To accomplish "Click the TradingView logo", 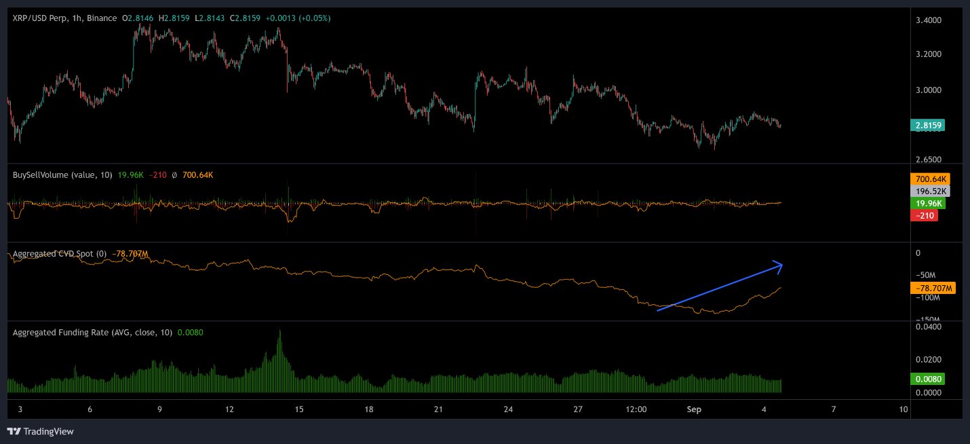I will click(x=40, y=431).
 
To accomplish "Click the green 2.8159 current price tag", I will click(x=929, y=126).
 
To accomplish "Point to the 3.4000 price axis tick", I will click(x=928, y=20).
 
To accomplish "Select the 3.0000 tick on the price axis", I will click(x=928, y=90).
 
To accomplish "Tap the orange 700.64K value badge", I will click(x=929, y=179).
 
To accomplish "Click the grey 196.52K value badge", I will click(x=929, y=191).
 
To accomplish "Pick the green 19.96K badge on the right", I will click(x=928, y=204).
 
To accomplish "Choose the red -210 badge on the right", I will click(x=924, y=216).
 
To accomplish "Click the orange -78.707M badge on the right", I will click(x=932, y=289).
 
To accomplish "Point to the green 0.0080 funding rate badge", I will click(x=928, y=379).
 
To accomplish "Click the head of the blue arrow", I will click(x=781, y=265).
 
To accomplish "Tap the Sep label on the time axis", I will click(x=693, y=409).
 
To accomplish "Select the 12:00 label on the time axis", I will click(x=636, y=409).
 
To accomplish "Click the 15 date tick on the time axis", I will click(x=299, y=409).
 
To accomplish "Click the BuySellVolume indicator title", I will click(x=50, y=175).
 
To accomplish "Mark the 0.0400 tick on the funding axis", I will click(x=928, y=327).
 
